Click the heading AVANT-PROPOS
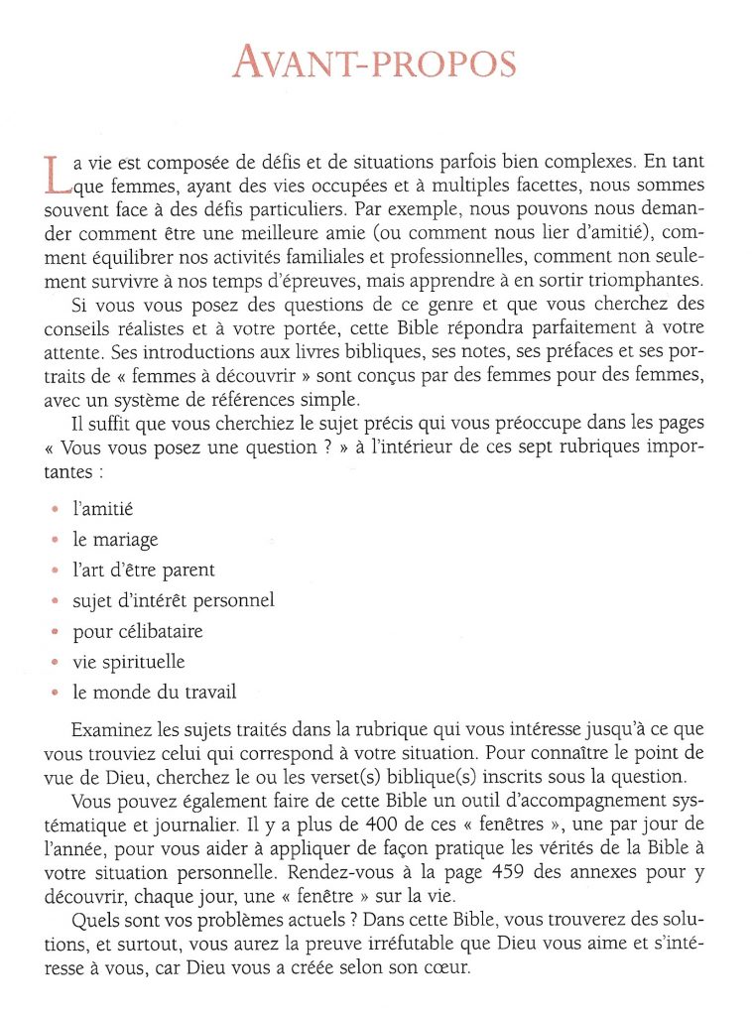point(375,63)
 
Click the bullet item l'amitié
point(103,509)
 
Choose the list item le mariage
point(116,540)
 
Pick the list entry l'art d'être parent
point(144,570)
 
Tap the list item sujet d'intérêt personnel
point(174,600)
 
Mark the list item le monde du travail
point(155,693)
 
